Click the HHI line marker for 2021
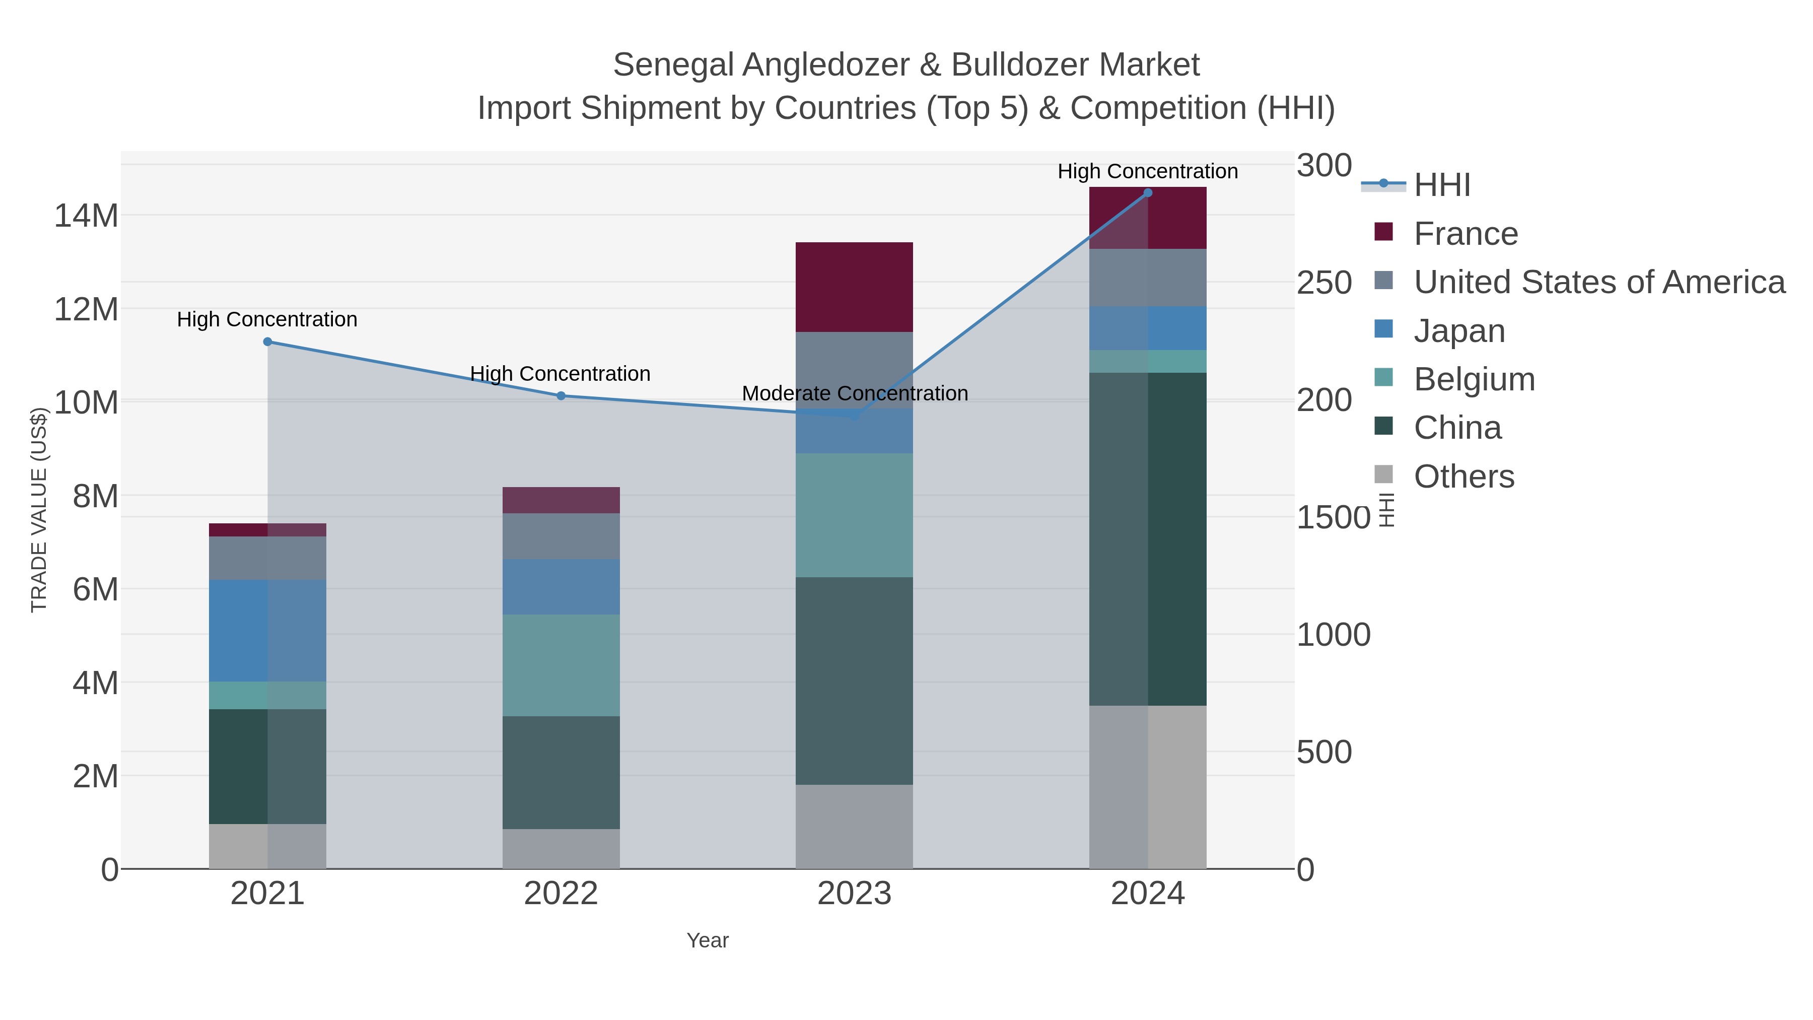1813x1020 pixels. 267,342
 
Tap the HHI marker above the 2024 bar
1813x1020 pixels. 1148,193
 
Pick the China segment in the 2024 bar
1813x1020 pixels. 1148,539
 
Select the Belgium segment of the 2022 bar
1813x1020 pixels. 561,666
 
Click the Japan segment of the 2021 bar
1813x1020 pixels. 267,631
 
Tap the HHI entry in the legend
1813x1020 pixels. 1441,185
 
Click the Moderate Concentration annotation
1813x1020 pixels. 855,393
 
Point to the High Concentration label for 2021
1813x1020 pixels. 267,319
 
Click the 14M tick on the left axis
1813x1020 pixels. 86,216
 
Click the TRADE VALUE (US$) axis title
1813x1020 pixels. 39,510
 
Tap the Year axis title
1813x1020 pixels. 708,940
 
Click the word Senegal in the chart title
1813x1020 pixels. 673,65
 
